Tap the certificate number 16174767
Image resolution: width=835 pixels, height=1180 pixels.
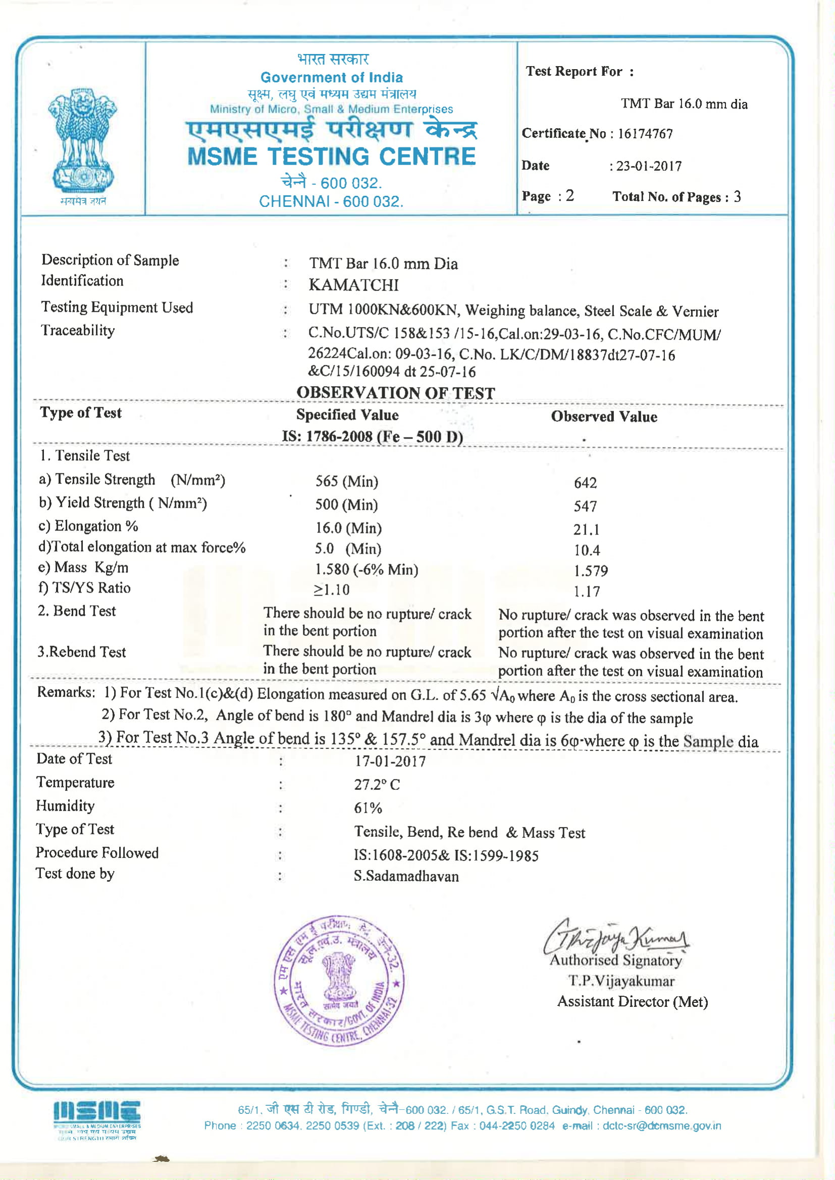[x=645, y=134]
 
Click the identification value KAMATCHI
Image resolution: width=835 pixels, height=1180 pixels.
[x=354, y=285]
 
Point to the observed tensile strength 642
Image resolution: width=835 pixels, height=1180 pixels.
[x=585, y=482]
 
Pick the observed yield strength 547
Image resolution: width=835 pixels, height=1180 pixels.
[x=585, y=506]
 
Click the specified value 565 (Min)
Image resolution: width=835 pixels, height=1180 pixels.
[x=346, y=481]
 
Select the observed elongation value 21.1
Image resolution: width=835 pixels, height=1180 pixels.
[x=586, y=529]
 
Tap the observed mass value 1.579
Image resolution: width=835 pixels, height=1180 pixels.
[x=591, y=570]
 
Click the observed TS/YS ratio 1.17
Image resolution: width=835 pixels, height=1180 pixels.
[x=587, y=592]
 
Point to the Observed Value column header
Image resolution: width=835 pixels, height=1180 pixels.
[x=604, y=416]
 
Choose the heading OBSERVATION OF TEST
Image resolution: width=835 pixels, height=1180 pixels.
[x=395, y=393]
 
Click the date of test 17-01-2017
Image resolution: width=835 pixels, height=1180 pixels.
[x=390, y=761]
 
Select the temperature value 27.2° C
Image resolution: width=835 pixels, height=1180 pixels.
[x=377, y=785]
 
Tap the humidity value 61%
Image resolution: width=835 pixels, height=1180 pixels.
[x=368, y=808]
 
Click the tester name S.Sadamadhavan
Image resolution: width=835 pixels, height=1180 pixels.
[x=406, y=876]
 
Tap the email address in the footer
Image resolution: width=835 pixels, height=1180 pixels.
[x=662, y=1125]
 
